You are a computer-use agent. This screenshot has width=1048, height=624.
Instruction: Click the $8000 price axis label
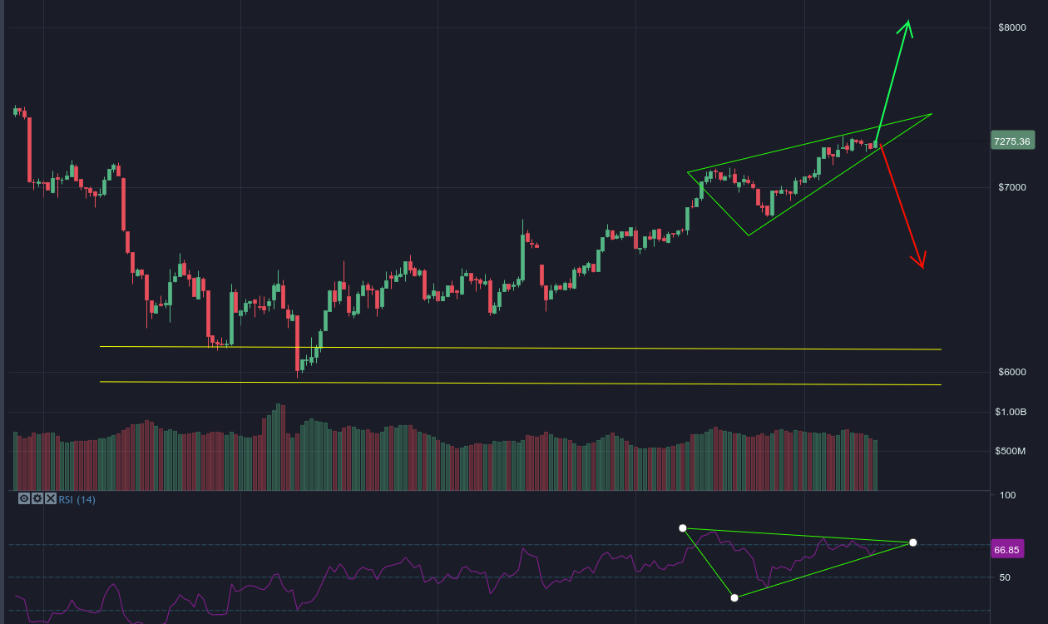pos(1011,27)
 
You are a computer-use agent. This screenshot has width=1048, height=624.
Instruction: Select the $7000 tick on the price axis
pos(1011,188)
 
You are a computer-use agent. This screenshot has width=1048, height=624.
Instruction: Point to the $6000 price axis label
pos(1011,372)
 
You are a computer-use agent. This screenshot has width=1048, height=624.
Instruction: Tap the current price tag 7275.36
pos(1011,141)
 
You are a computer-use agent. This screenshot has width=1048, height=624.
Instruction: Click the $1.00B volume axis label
pos(1012,413)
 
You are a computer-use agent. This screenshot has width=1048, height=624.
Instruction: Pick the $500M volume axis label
pos(1011,451)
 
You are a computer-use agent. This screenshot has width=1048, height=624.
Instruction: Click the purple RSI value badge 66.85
pos(1006,550)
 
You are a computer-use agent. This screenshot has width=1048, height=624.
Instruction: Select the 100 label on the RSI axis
pos(1008,495)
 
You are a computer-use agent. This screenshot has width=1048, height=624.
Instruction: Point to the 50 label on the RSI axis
pos(1005,577)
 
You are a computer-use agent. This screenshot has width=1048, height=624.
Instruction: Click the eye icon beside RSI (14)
pos(24,499)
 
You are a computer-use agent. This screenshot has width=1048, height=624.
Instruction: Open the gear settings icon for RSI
pos(37,499)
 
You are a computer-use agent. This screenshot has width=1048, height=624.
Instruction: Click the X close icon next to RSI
pos(51,499)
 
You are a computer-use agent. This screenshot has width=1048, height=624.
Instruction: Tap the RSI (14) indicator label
pos(77,499)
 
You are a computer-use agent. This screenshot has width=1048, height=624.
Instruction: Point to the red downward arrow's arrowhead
pos(922,265)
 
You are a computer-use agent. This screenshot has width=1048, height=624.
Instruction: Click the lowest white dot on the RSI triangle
pos(734,597)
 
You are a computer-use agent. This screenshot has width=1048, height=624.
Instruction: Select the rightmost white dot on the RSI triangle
pos(913,542)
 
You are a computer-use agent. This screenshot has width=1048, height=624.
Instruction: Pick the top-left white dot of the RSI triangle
pos(683,528)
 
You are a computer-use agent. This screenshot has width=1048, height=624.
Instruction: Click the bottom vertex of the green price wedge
pos(748,235)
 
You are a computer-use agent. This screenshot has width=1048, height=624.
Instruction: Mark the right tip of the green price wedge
pos(932,114)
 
